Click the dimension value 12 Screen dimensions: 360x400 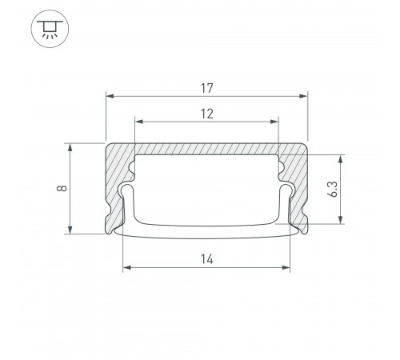click(207, 113)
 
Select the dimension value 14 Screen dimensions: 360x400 click(207, 259)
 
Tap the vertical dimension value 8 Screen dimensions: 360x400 click(62, 189)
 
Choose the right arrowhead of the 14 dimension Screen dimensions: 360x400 click(288, 269)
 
